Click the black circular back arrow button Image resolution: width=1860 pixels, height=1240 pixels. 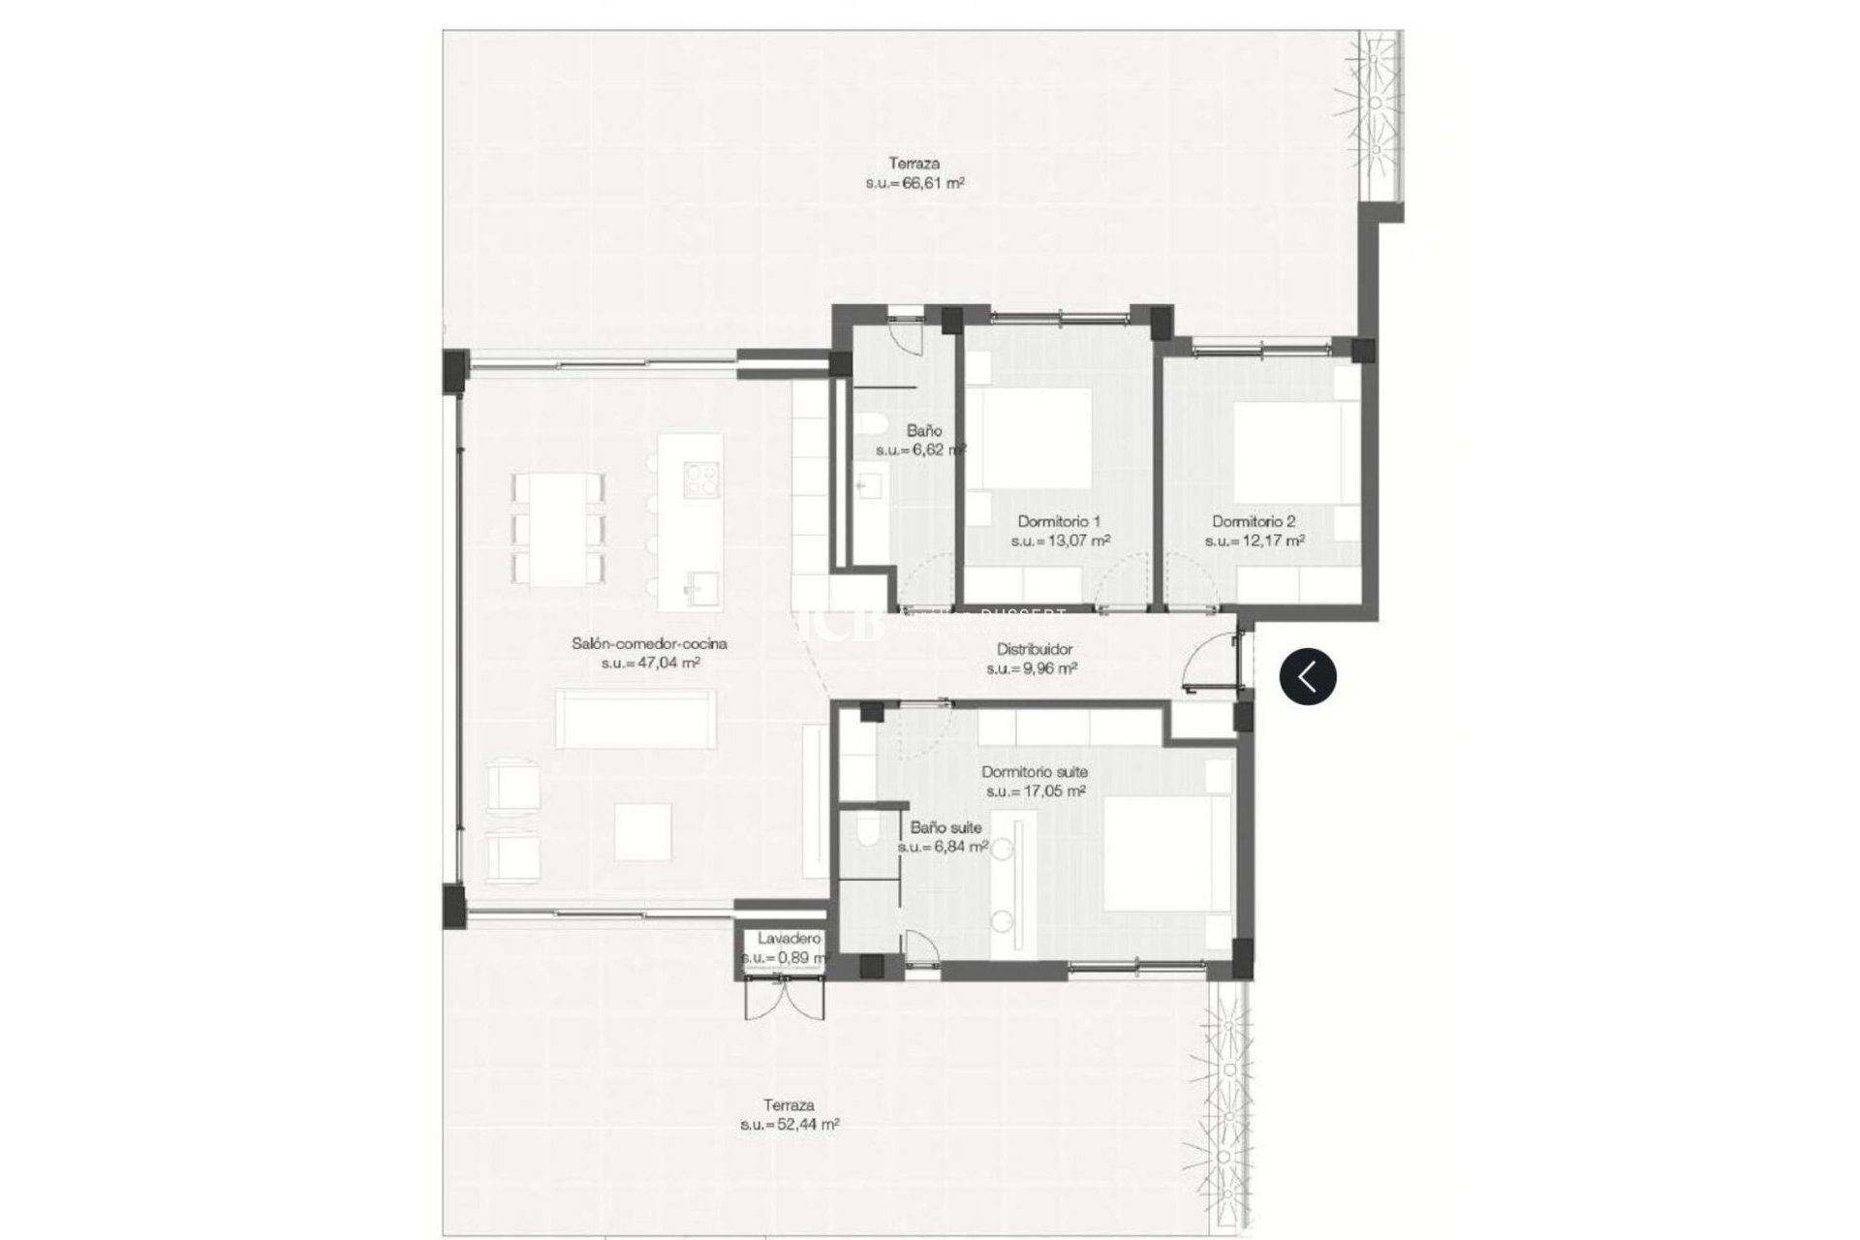point(1308,676)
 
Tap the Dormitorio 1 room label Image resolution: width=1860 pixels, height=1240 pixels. point(1060,521)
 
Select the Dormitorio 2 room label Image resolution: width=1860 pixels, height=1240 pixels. point(1254,521)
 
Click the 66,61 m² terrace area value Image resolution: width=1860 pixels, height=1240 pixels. point(914,183)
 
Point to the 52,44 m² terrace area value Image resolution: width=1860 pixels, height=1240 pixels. point(790,1125)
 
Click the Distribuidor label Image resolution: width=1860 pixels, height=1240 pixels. point(1035,650)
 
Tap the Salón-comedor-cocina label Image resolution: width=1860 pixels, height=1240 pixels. point(649,643)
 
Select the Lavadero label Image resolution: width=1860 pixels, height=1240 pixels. point(789,939)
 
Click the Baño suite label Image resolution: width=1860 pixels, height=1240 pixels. point(945,827)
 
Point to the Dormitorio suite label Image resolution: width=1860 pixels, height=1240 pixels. point(1035,772)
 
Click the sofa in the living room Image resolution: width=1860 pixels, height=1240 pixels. point(635,719)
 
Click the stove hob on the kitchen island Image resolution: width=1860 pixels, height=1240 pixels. point(701,478)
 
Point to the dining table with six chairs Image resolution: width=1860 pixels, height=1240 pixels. point(558,529)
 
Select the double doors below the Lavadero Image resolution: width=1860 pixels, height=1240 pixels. point(785,998)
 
